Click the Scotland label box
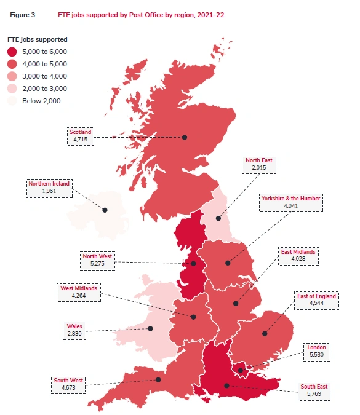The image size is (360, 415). click(81, 135)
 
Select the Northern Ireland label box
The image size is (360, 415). click(49, 187)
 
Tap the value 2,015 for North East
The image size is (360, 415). click(257, 167)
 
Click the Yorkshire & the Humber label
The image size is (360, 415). click(291, 199)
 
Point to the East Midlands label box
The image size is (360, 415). click(298, 256)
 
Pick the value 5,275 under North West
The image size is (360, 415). click(98, 264)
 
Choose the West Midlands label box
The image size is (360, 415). click(79, 291)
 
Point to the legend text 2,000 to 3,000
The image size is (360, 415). click(44, 89)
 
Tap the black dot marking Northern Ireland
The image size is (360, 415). click(105, 210)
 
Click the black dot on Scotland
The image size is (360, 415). click(184, 138)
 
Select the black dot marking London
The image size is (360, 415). click(241, 370)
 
